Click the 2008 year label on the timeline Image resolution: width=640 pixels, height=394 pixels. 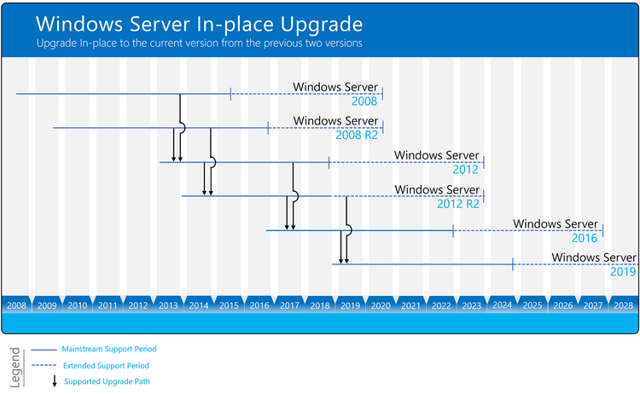[16, 304]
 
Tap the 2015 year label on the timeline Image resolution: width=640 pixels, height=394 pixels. [228, 304]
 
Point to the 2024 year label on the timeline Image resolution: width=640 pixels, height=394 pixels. [502, 304]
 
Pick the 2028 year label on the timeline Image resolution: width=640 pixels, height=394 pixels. [623, 304]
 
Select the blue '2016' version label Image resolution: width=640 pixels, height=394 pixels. [585, 238]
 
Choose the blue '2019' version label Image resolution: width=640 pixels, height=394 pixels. [623, 272]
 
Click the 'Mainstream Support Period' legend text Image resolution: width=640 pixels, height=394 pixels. [109, 349]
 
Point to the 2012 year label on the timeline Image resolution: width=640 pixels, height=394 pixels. [137, 304]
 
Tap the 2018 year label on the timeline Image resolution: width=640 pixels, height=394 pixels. [319, 304]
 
